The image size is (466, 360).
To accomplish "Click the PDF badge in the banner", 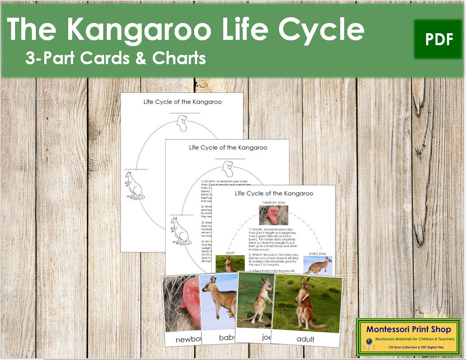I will click(x=439, y=39).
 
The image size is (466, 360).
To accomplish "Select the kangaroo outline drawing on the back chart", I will click(x=134, y=186).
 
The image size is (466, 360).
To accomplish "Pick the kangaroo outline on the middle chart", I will click(x=179, y=231).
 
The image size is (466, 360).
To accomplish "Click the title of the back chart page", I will click(x=182, y=102).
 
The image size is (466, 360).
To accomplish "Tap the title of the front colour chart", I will click(x=274, y=194).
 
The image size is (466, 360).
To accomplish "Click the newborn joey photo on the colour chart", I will click(x=273, y=215).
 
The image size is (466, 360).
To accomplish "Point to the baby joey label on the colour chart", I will click(x=317, y=253).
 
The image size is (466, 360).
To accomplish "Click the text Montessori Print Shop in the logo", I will click(x=408, y=329).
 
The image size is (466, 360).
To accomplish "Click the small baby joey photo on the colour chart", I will click(x=318, y=265).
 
